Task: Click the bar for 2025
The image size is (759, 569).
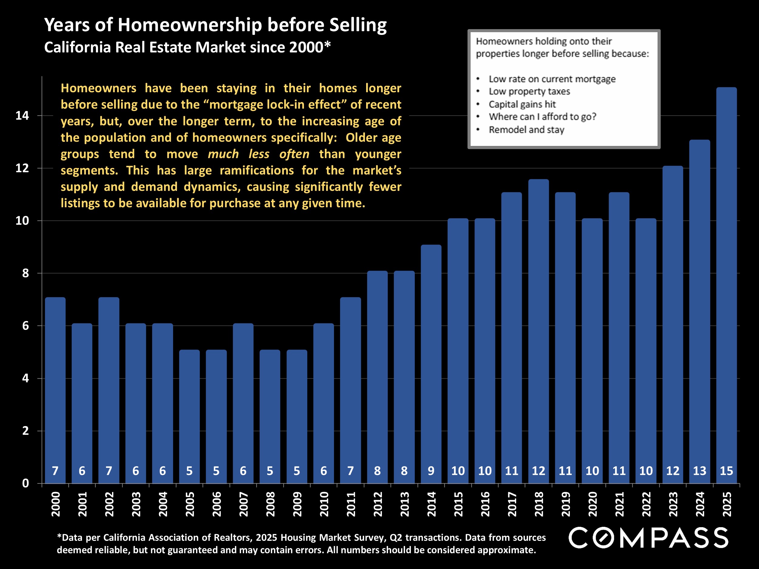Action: pyautogui.click(x=726, y=285)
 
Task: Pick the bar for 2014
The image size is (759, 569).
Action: pyautogui.click(x=431, y=364)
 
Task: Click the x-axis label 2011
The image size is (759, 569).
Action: pyautogui.click(x=351, y=504)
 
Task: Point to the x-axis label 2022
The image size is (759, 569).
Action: pyautogui.click(x=646, y=504)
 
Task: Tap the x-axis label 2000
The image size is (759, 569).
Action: pyautogui.click(x=56, y=504)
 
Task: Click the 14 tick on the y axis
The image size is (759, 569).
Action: pyautogui.click(x=22, y=116)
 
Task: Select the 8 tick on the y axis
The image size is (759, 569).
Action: pyautogui.click(x=26, y=273)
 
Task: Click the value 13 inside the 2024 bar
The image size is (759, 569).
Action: pyautogui.click(x=699, y=471)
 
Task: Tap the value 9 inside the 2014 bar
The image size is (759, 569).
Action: pyautogui.click(x=431, y=471)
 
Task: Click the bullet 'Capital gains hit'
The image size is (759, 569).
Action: pyautogui.click(x=522, y=104)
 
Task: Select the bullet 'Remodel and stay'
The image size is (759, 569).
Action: pyautogui.click(x=526, y=130)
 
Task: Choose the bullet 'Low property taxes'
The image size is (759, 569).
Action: pyautogui.click(x=529, y=92)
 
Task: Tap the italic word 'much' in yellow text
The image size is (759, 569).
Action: pyautogui.click(x=223, y=154)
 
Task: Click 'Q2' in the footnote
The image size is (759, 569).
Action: pyautogui.click(x=396, y=537)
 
